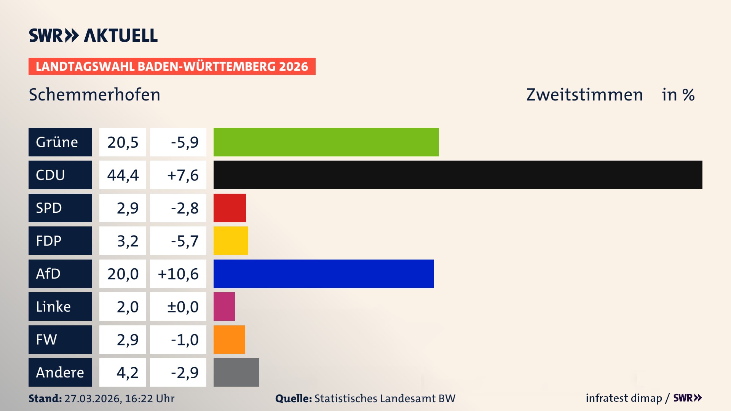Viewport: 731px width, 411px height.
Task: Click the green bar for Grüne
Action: (x=326, y=142)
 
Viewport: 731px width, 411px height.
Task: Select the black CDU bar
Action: (x=458, y=175)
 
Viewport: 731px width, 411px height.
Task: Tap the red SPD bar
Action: (x=230, y=208)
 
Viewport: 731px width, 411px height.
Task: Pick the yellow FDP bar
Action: (x=231, y=241)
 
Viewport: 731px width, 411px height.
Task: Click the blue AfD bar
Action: (x=324, y=274)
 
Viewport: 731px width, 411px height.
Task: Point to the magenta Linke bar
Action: (x=224, y=306)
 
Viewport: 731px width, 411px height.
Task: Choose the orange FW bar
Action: (x=229, y=339)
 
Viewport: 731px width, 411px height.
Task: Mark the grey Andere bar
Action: (x=236, y=372)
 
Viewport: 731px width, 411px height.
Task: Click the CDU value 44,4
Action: (x=123, y=175)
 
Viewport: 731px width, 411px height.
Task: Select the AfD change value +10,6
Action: (x=178, y=274)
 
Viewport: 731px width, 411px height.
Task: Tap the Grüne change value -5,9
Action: (x=185, y=142)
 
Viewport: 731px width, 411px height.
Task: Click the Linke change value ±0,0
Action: (x=183, y=307)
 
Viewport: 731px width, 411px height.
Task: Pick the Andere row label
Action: (x=60, y=372)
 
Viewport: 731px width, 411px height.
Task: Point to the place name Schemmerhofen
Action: (x=94, y=95)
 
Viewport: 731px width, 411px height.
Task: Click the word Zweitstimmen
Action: (x=584, y=95)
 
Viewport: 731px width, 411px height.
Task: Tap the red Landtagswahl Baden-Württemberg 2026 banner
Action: (x=172, y=67)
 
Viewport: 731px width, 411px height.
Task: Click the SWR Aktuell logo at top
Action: (x=93, y=35)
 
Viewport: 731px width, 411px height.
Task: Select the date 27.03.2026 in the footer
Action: (x=93, y=398)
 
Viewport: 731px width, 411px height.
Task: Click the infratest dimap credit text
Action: (x=624, y=398)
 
